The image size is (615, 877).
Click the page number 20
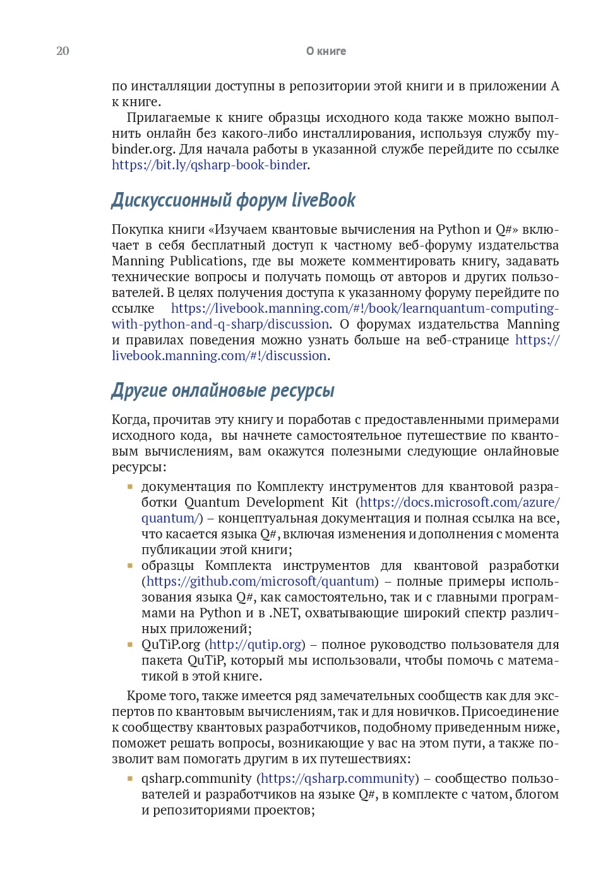(x=63, y=51)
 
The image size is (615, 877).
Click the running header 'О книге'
(x=326, y=51)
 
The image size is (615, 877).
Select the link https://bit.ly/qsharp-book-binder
(x=210, y=165)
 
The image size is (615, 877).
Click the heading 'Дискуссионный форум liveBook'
(x=234, y=200)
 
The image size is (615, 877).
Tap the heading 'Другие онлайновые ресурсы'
(x=223, y=390)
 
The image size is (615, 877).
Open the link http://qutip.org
(x=255, y=644)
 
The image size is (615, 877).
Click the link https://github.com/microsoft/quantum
(x=260, y=581)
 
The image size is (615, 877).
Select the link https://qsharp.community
(x=338, y=778)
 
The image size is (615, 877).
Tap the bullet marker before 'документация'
(x=130, y=487)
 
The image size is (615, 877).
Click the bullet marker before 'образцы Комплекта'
(x=130, y=566)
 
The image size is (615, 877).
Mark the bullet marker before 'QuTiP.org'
(x=130, y=644)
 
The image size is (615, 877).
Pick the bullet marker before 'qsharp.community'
(x=130, y=778)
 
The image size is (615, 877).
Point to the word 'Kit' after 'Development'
(x=340, y=502)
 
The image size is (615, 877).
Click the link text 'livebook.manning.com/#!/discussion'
(x=219, y=356)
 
